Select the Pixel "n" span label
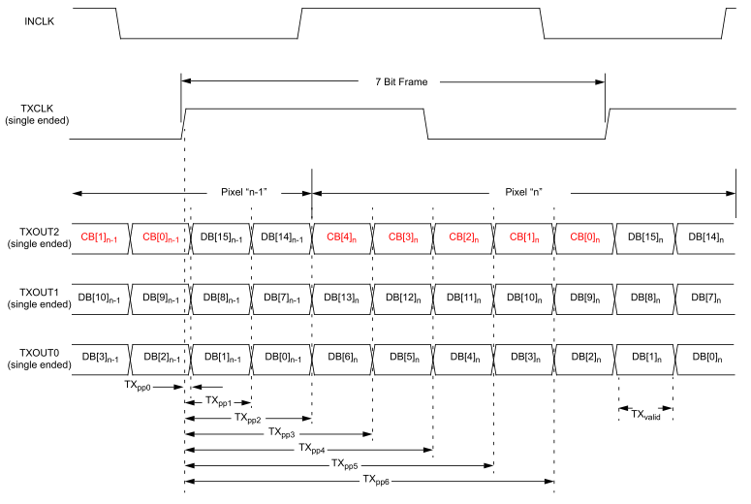click(523, 192)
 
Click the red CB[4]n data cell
click(342, 237)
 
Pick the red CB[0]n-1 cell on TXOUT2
click(160, 237)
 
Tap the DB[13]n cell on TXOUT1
click(342, 298)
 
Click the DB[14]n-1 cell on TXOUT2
click(281, 237)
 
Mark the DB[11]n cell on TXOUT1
click(463, 298)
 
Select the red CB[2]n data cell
click(463, 237)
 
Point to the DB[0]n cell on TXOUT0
click(705, 359)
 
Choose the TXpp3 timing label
click(282, 433)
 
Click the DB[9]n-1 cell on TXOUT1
click(160, 298)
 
